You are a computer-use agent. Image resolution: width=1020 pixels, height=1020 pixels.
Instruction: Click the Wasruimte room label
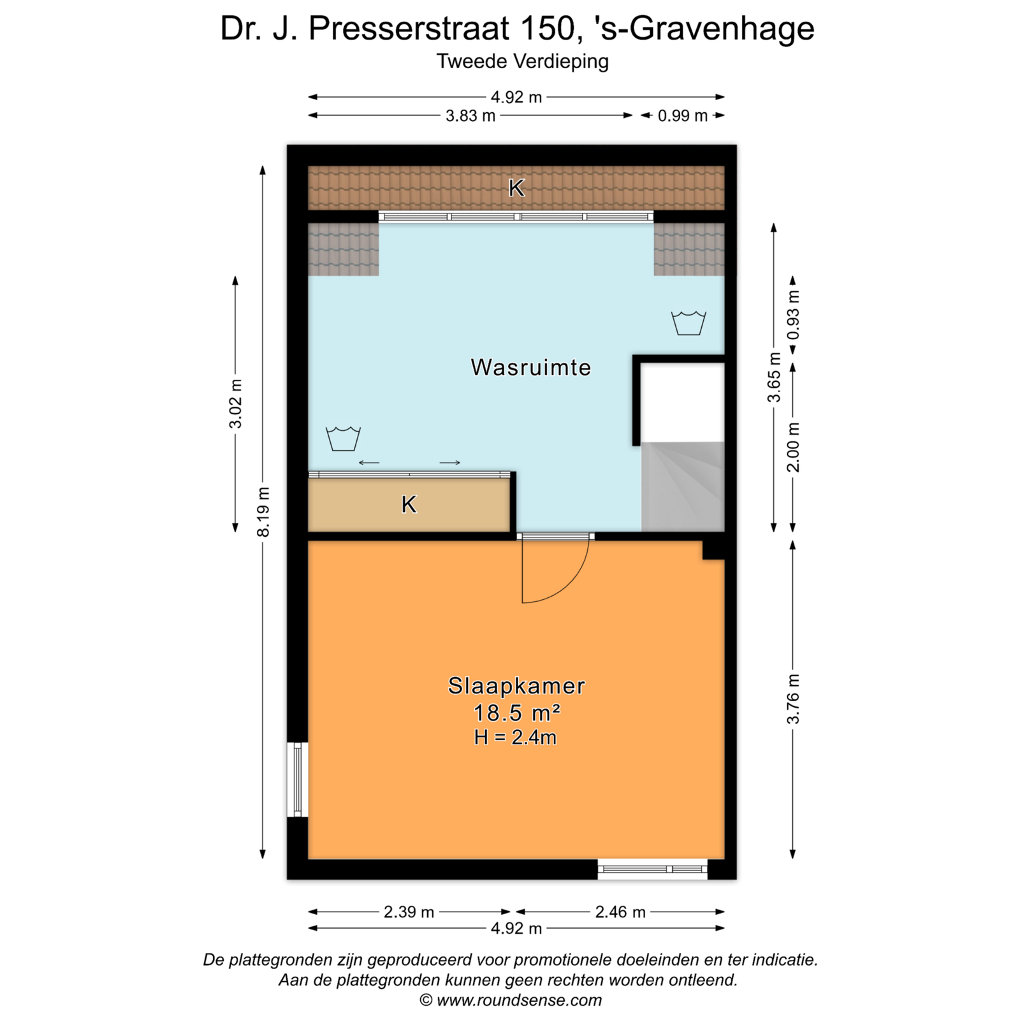pos(531,367)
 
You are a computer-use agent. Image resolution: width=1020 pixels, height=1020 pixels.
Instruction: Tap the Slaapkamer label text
pos(516,686)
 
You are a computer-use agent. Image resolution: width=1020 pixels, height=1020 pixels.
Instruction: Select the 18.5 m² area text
pos(516,712)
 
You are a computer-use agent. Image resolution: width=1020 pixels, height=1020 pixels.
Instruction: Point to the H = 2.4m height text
pos(515,738)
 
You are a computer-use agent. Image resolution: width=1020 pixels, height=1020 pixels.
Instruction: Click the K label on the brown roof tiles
pos(516,187)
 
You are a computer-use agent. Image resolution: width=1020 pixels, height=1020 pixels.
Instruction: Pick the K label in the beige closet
pos(409,504)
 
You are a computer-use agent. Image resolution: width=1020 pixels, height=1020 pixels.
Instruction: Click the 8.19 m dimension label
pos(263,511)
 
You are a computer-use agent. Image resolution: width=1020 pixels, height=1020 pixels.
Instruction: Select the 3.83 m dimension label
pos(470,116)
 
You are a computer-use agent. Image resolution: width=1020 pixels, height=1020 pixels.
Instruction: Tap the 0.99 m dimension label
pos(683,116)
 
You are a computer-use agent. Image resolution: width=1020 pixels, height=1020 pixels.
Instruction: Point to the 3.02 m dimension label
pos(236,404)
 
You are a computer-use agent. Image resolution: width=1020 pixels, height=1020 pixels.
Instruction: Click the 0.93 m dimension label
pos(793,316)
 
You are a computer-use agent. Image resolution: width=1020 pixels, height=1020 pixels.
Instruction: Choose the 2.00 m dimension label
pos(793,447)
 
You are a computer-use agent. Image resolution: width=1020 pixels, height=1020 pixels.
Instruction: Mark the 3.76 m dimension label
pos(793,699)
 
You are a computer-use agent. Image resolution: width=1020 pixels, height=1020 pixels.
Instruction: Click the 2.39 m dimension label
pos(409,912)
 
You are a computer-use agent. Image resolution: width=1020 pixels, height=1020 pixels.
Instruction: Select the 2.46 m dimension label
pos(620,912)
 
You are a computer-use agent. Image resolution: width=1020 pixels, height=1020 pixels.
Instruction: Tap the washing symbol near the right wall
pos(688,323)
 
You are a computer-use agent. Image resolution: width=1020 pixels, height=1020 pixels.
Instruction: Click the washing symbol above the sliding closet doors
pos(344,439)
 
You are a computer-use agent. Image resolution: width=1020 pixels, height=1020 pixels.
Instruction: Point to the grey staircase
pos(683,486)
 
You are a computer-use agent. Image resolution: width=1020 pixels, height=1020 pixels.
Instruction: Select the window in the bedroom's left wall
pos(298,779)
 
